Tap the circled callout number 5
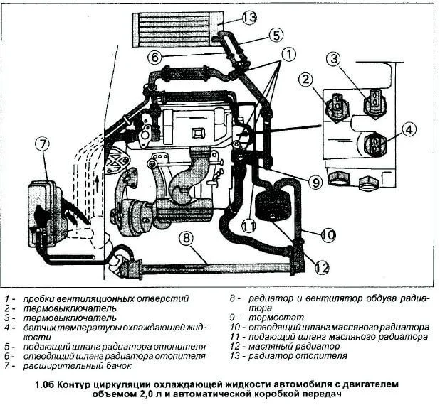click(x=276, y=34)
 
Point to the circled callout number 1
click(x=287, y=53)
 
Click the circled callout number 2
click(x=307, y=78)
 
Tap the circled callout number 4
click(x=409, y=130)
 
